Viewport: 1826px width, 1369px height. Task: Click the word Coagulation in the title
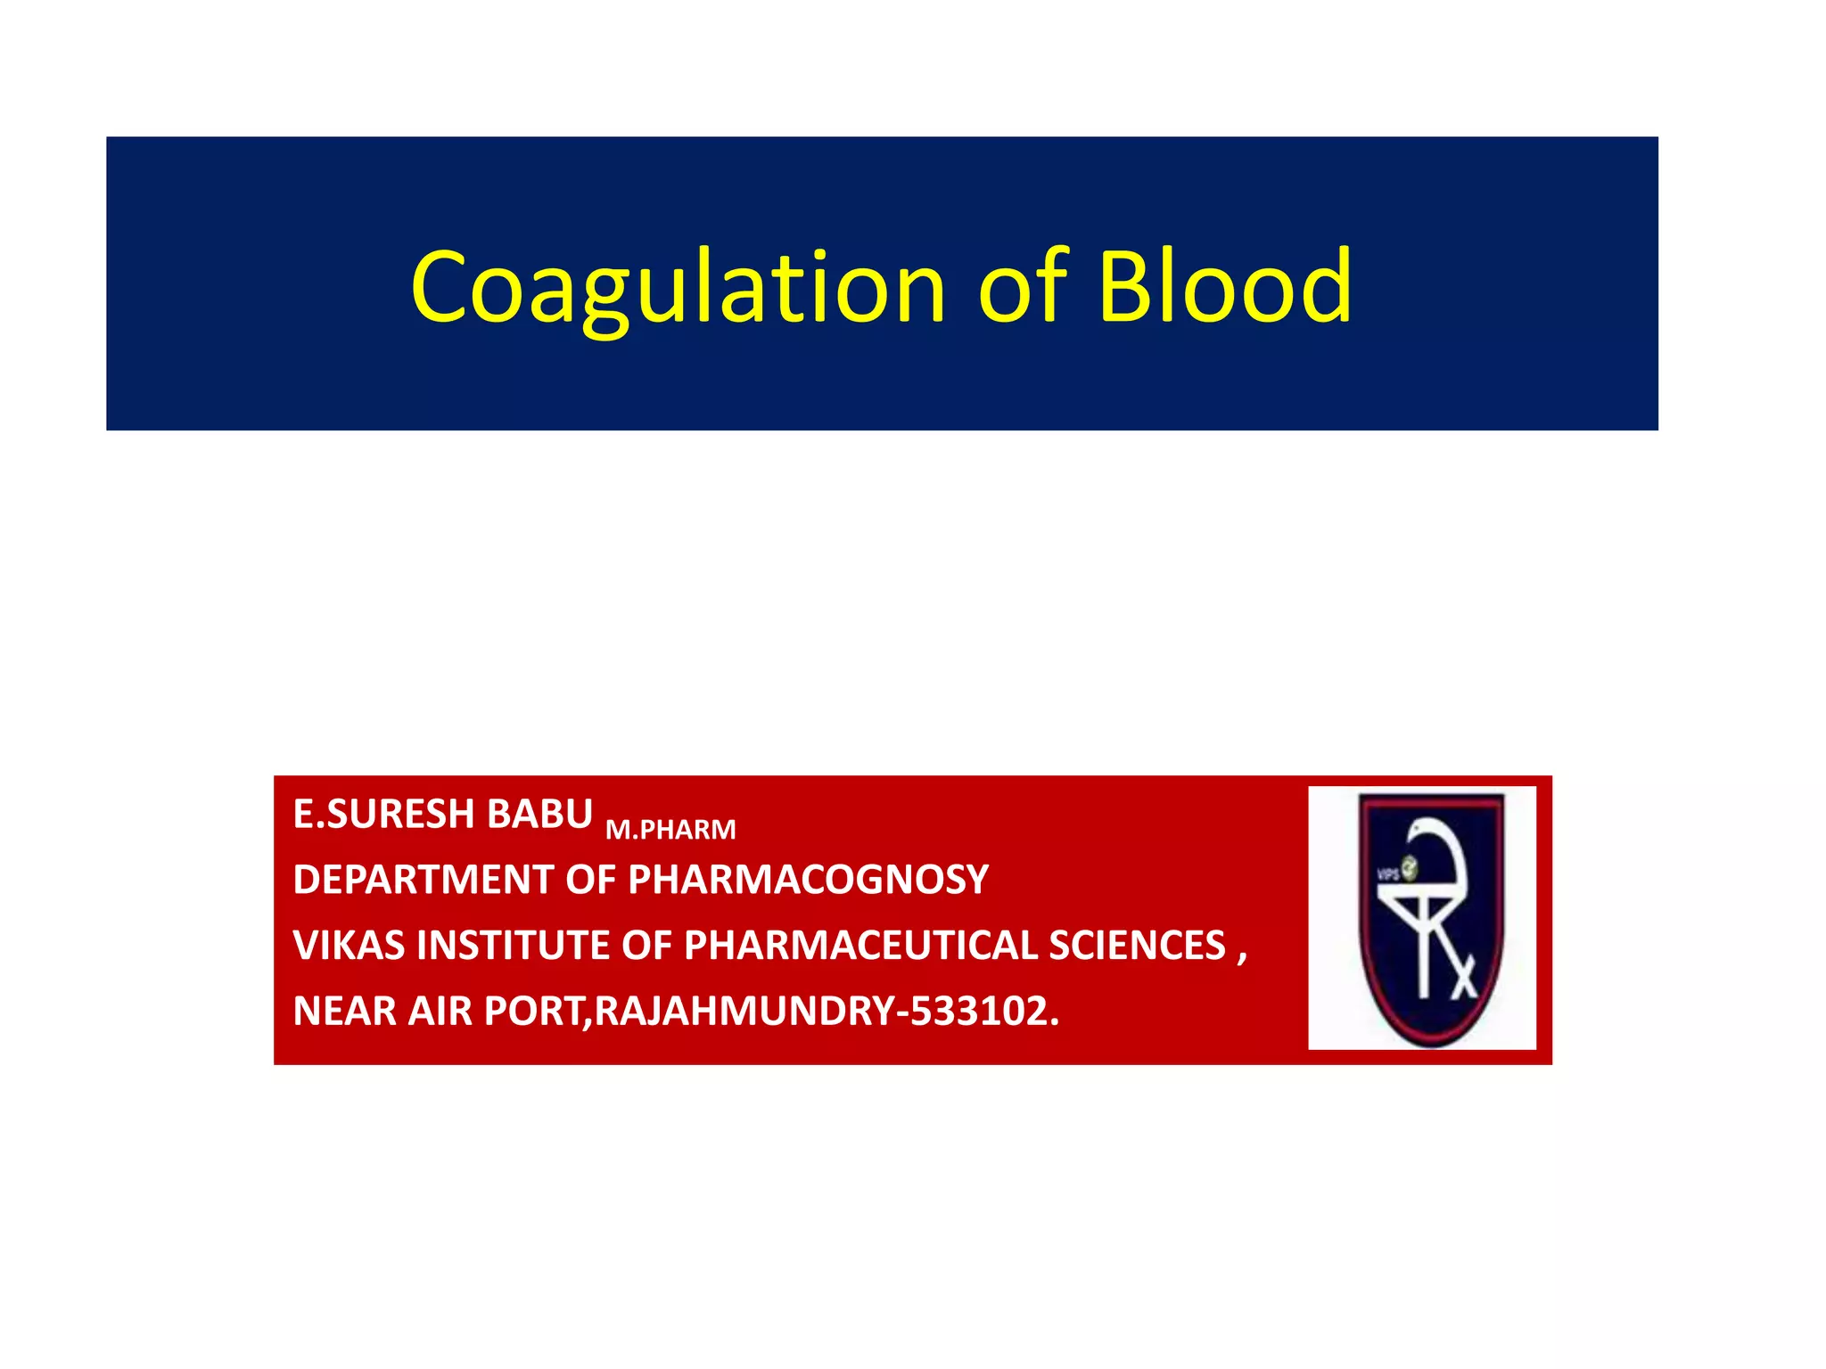678,287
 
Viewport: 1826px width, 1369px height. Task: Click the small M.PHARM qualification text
670,830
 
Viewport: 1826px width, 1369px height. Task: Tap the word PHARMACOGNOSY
808,880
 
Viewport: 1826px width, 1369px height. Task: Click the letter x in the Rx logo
1463,982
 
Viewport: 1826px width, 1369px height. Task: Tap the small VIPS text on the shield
1388,874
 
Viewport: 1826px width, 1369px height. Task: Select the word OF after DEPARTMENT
590,880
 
